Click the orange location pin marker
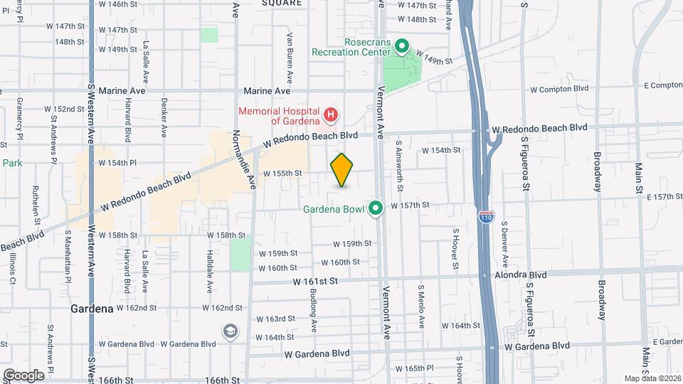click(x=342, y=170)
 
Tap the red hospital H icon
click(x=330, y=114)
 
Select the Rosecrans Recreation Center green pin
click(x=401, y=48)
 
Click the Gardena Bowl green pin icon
click(x=376, y=208)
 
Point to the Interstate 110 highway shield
click(x=486, y=216)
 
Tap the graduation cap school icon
click(x=231, y=331)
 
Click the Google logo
click(x=23, y=375)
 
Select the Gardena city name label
click(x=92, y=309)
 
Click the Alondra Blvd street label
click(x=521, y=274)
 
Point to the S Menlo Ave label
click(x=421, y=306)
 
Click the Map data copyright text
click(x=653, y=378)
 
